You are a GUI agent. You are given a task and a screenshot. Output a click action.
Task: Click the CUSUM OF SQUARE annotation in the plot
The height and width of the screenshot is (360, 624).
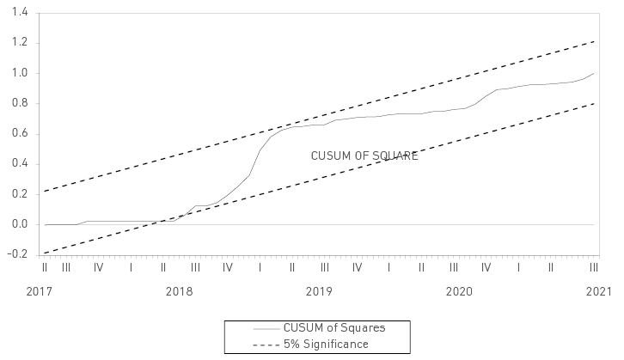point(364,156)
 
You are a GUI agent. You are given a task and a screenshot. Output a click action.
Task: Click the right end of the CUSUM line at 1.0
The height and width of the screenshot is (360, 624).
point(593,73)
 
